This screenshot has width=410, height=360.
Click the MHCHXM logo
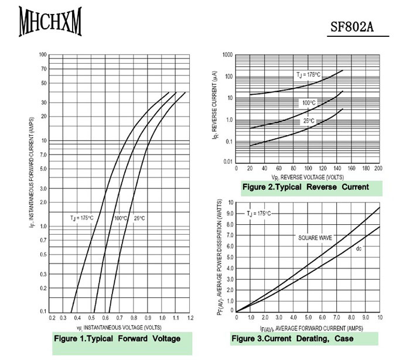click(x=50, y=22)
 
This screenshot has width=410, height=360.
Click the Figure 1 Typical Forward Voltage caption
click(x=117, y=338)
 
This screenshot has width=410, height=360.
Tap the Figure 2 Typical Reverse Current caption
click(x=306, y=187)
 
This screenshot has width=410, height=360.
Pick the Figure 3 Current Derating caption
click(x=292, y=338)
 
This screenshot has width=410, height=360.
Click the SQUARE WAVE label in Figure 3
click(x=316, y=238)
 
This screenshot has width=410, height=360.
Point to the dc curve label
click(x=359, y=249)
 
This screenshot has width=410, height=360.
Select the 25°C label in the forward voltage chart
click(x=139, y=218)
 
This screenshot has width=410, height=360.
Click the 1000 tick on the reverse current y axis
click(x=228, y=55)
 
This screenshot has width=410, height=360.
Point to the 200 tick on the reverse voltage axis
click(x=378, y=168)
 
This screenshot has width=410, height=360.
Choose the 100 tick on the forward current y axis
click(x=43, y=55)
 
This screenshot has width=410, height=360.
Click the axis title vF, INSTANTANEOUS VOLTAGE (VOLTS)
click(x=119, y=327)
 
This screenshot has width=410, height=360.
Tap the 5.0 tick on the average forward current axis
click(x=309, y=317)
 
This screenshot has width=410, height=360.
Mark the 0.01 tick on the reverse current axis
click(x=228, y=162)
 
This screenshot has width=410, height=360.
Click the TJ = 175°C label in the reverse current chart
click(x=308, y=74)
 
